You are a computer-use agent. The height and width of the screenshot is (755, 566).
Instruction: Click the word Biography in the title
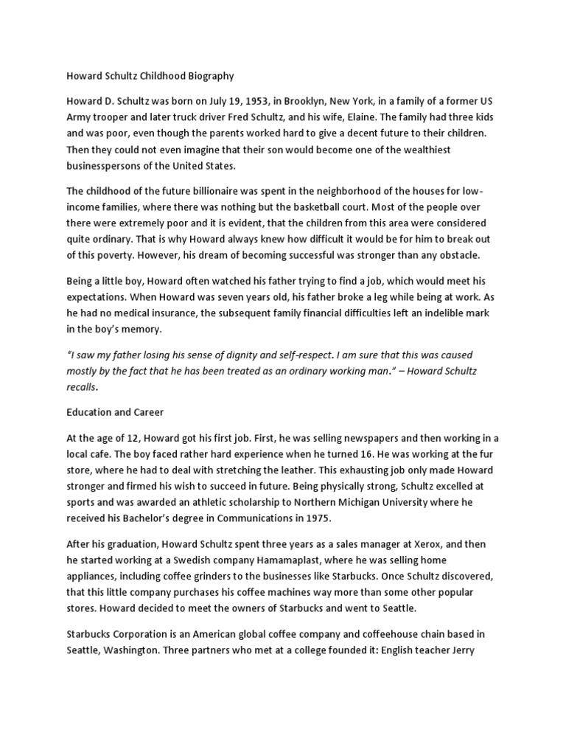206,75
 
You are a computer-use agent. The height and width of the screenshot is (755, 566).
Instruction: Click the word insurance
179,313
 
